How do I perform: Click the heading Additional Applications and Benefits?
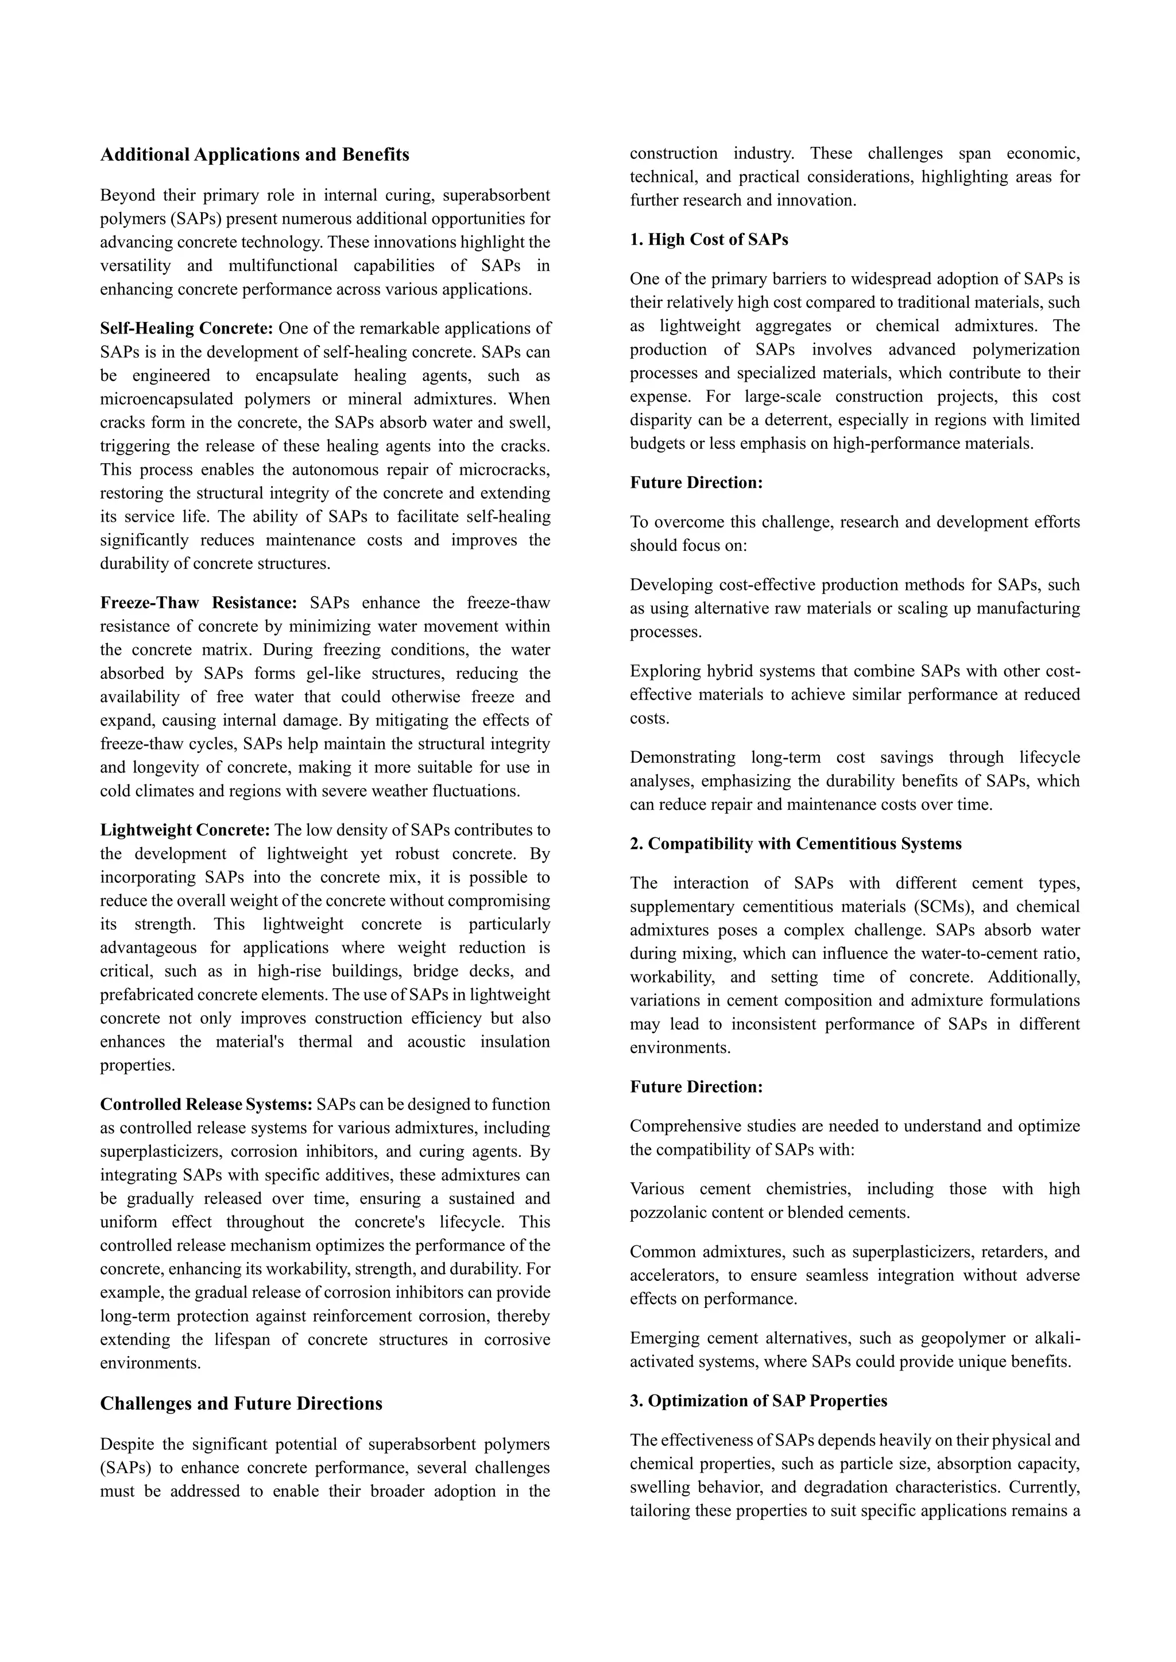254,155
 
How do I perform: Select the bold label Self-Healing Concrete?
186,329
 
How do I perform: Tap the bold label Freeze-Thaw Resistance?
199,603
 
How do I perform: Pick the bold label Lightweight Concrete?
185,830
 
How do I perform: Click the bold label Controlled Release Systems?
206,1105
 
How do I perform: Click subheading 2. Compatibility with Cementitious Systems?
795,844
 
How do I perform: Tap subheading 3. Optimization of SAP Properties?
757,1401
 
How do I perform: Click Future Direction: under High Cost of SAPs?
696,483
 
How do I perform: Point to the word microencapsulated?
167,399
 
